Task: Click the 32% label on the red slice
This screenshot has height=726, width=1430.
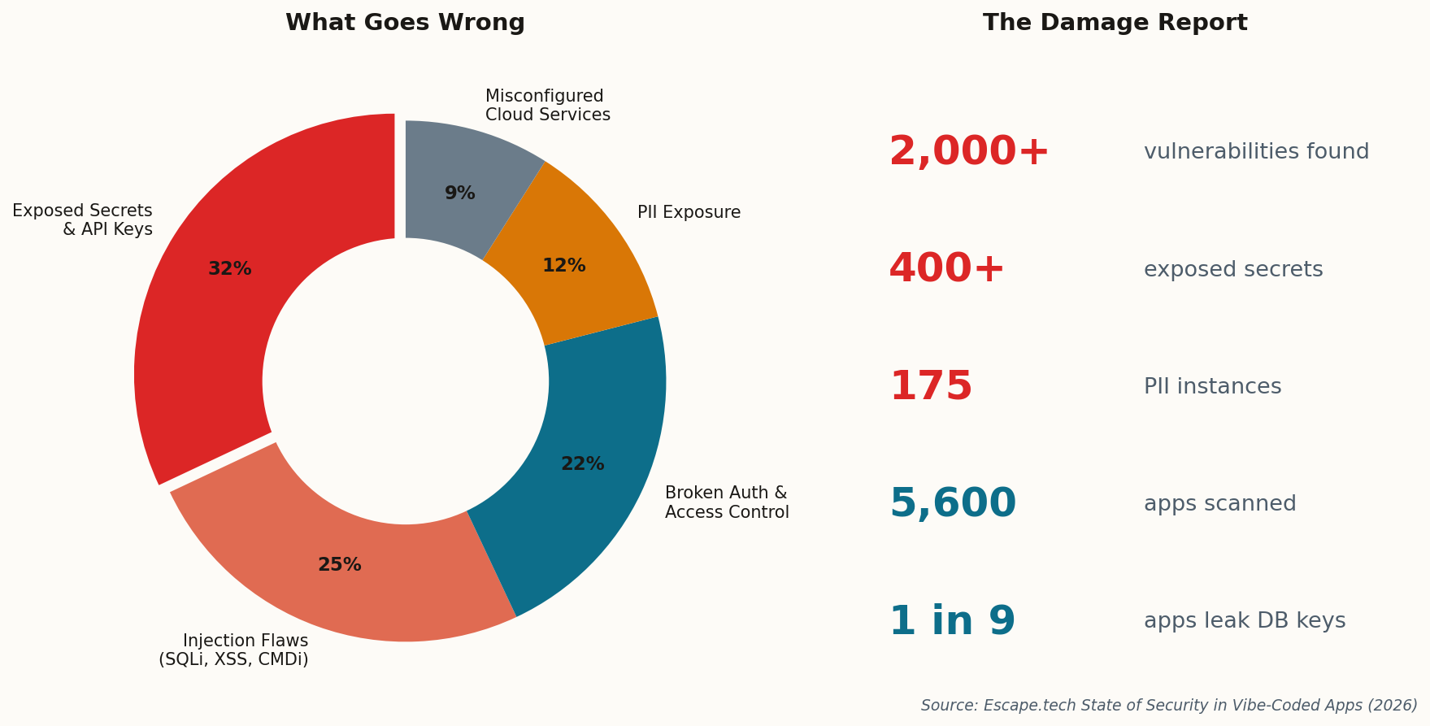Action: tap(230, 269)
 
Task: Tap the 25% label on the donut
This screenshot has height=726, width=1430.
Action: tap(340, 565)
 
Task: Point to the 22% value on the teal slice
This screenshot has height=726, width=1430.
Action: tap(582, 464)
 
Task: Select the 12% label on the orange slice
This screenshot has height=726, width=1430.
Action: tap(564, 266)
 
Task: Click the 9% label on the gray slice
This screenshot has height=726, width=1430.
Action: tap(459, 193)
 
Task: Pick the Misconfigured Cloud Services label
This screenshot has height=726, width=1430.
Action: tap(547, 106)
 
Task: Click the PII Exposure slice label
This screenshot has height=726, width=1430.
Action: tap(689, 213)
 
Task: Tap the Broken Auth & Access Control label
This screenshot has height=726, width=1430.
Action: tap(726, 502)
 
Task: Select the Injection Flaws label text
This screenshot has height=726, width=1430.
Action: tap(234, 650)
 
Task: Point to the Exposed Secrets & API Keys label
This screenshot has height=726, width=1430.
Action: tap(83, 220)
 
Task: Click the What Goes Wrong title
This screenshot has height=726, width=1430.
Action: tap(405, 23)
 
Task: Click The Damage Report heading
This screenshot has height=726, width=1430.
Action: tap(1115, 23)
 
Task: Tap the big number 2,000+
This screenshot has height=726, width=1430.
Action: tap(968, 152)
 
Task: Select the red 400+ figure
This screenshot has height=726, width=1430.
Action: tap(946, 269)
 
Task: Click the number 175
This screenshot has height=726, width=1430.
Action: tap(931, 387)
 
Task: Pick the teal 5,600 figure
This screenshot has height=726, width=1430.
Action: tap(953, 504)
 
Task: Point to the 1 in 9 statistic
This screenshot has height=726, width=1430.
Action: tap(952, 622)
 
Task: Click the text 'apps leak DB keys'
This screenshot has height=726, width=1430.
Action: tap(1244, 621)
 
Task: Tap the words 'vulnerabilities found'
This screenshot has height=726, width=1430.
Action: tap(1256, 152)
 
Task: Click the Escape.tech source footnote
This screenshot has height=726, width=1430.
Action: tap(1168, 706)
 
